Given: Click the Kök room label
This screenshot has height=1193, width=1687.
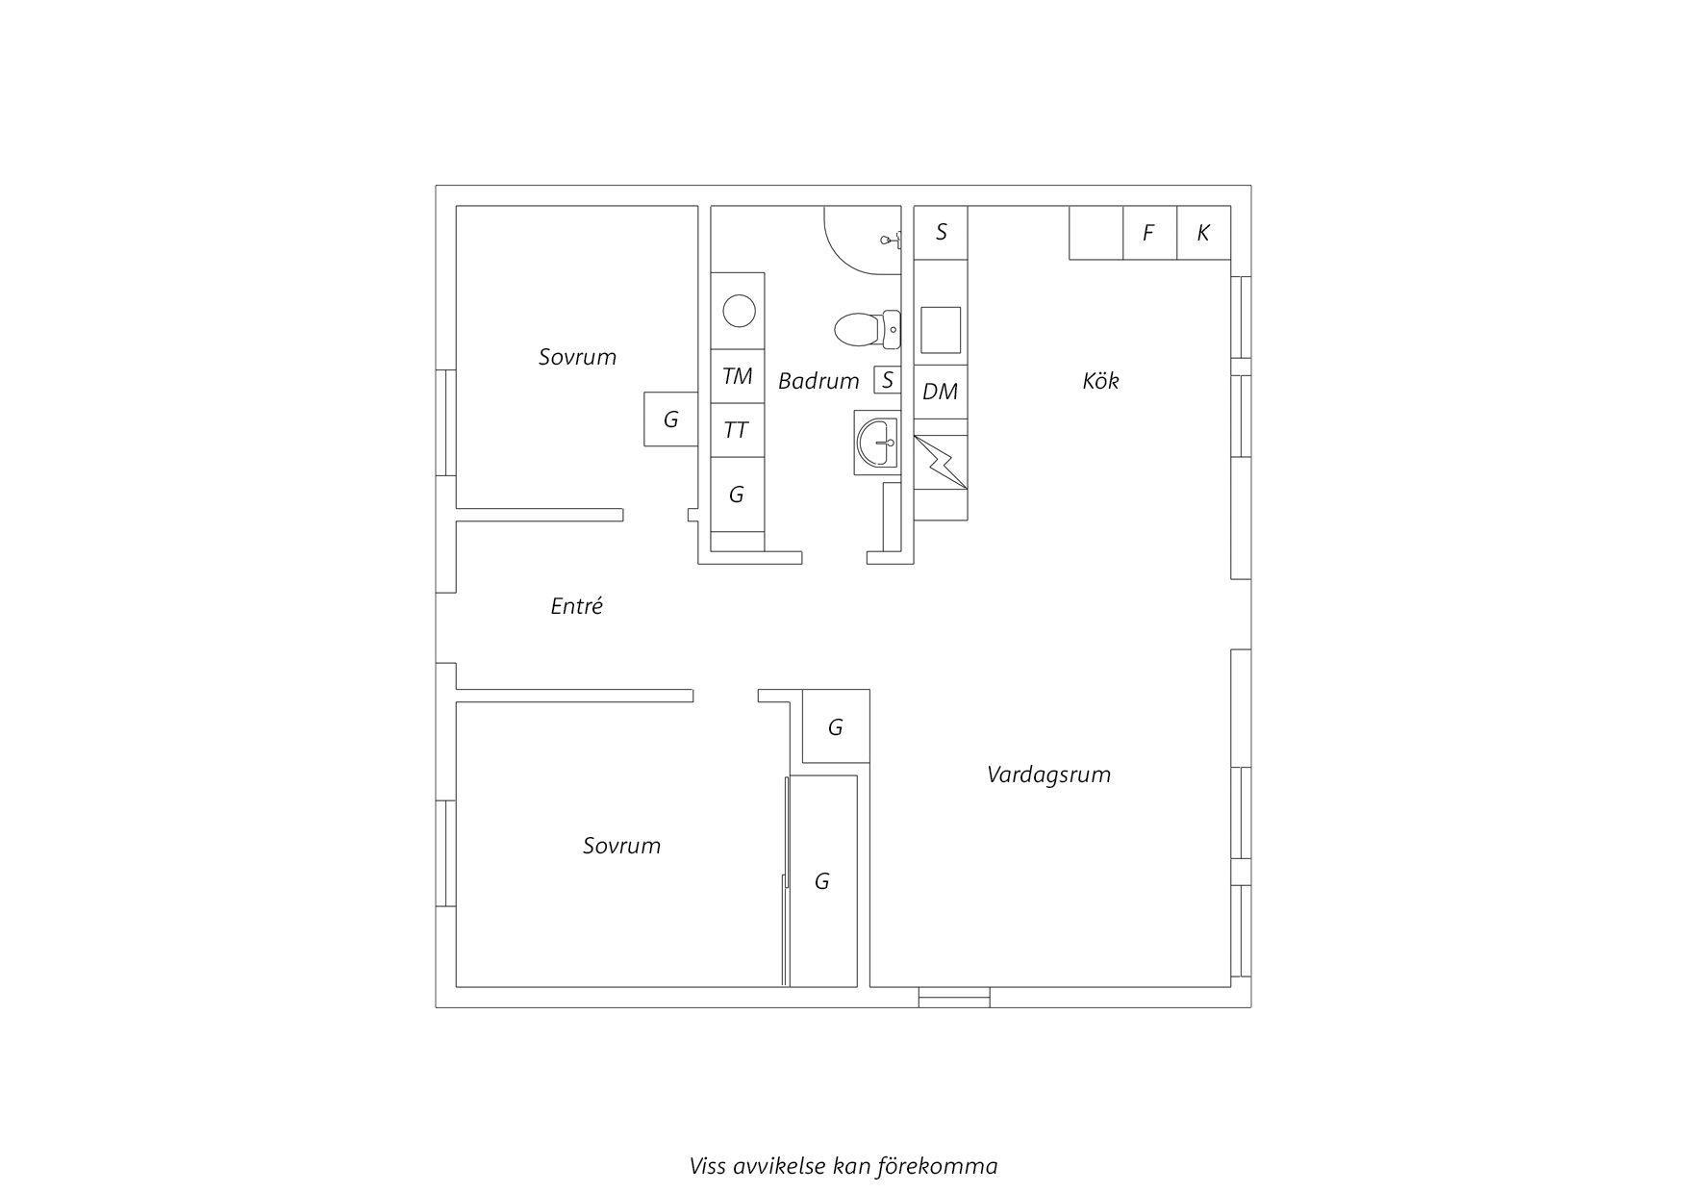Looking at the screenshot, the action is [x=1100, y=381].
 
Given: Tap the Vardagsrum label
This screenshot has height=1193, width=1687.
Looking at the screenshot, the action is [x=1048, y=774].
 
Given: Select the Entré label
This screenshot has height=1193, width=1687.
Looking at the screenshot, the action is [x=576, y=606].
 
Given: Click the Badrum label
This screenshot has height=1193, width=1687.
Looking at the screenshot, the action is [x=818, y=381].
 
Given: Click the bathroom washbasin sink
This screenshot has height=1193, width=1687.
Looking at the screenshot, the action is [x=877, y=443].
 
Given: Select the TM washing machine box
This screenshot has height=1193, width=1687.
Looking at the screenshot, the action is [x=738, y=376].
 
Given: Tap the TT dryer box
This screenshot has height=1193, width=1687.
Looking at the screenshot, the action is [x=738, y=430].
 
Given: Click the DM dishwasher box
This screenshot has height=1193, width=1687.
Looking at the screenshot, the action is [x=940, y=392].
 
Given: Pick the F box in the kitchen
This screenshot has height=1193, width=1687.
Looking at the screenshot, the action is [x=1149, y=233].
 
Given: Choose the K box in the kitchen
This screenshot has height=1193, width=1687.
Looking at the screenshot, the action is [x=1203, y=233].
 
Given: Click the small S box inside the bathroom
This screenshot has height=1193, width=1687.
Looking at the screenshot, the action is [x=887, y=380].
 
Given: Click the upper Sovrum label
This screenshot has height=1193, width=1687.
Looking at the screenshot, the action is [x=577, y=357].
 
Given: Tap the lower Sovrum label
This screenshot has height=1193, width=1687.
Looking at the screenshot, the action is [x=621, y=846].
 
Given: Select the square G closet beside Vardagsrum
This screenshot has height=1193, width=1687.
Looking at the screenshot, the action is [x=836, y=726].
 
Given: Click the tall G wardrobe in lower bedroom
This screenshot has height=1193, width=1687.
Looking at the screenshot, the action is [x=822, y=881].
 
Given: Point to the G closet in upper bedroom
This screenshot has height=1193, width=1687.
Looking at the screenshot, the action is [x=670, y=419].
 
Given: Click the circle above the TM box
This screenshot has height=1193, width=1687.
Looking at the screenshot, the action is [x=739, y=312].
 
